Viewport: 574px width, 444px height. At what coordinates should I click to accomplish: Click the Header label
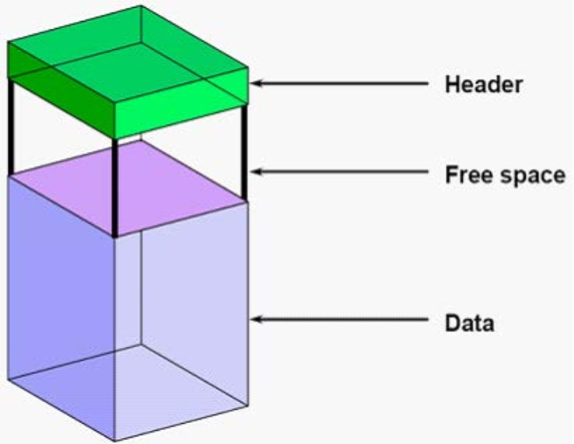(484, 84)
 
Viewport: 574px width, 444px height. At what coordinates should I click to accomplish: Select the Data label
(469, 323)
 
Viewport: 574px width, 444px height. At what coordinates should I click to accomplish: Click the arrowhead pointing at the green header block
(256, 83)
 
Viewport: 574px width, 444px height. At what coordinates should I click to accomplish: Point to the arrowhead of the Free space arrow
(256, 171)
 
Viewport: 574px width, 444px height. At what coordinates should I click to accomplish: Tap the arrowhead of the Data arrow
(256, 319)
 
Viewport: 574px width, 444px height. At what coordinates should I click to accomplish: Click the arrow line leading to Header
(339, 83)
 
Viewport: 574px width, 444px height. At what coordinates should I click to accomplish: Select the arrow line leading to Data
(339, 319)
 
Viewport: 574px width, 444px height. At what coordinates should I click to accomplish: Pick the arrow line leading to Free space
(339, 171)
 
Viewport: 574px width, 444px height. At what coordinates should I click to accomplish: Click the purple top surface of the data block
(126, 188)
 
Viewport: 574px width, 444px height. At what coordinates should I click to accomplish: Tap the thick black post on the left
(11, 126)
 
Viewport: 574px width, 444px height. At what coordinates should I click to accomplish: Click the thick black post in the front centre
(114, 188)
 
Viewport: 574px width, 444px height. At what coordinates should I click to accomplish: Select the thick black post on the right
(244, 153)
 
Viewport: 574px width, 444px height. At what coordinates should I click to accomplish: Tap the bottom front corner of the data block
(115, 440)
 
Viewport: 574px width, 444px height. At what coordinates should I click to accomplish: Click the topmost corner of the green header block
(141, 6)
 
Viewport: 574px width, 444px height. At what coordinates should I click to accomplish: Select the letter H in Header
(451, 84)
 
